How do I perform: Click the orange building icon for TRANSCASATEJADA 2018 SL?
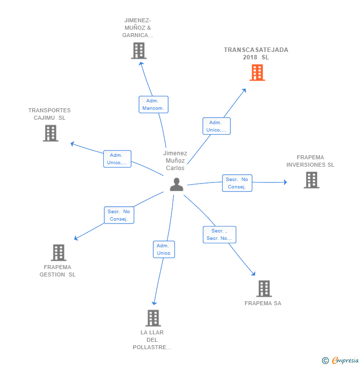[x=257, y=73]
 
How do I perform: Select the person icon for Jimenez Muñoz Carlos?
[x=177, y=184]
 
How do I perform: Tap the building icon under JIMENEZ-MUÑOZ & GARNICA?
[x=139, y=50]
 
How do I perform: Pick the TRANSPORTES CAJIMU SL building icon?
[x=50, y=133]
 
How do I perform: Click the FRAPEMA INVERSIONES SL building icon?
[x=311, y=180]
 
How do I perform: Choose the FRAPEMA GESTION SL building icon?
[x=58, y=253]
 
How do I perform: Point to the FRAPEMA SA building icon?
[x=264, y=288]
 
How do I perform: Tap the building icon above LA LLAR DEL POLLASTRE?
[x=153, y=318]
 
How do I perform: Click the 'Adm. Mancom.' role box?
[x=153, y=104]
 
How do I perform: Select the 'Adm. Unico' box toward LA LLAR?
[x=164, y=249]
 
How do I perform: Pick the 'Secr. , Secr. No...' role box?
[x=219, y=234]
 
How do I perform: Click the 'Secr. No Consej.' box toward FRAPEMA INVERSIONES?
[x=237, y=183]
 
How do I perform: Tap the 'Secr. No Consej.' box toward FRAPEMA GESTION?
[x=119, y=215]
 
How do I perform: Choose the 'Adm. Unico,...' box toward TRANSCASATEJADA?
[x=216, y=126]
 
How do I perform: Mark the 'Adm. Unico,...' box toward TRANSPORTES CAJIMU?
[x=117, y=159]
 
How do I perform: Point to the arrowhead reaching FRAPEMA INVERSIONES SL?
[x=284, y=182]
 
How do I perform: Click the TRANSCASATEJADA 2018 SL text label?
[x=256, y=53]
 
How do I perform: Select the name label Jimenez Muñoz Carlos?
[x=175, y=161]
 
